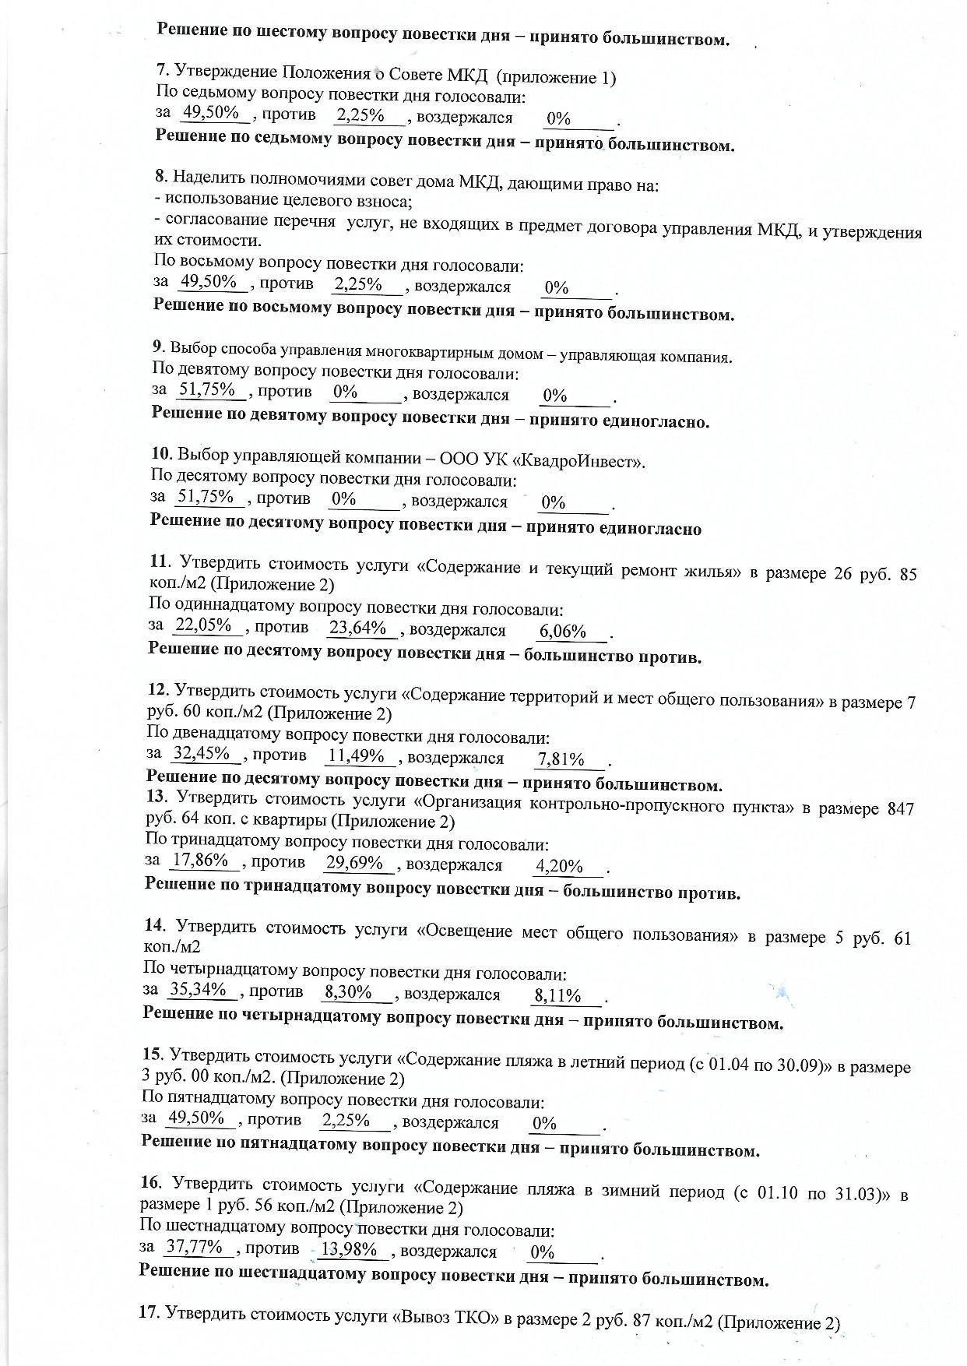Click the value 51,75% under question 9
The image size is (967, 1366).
tap(207, 390)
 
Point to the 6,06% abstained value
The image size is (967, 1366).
tap(562, 632)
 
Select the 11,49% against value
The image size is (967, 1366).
tap(357, 755)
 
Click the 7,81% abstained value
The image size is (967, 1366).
tap(561, 759)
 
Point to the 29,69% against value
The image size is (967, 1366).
tap(354, 863)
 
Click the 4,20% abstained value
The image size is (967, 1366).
tap(559, 867)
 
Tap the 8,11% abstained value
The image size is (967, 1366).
tap(557, 996)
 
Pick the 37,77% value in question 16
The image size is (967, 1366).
tap(194, 1247)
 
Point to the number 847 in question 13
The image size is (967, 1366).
tap(900, 808)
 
